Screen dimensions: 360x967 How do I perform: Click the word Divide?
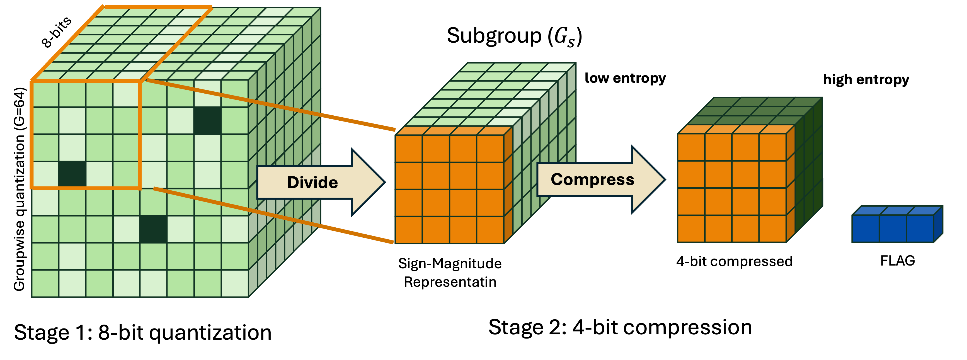point(312,183)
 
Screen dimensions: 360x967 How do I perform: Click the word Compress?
point(592,179)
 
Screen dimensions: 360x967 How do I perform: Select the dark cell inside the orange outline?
point(72,174)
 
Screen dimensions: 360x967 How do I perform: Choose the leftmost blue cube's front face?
point(866,228)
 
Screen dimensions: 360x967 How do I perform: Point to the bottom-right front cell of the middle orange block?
point(490,230)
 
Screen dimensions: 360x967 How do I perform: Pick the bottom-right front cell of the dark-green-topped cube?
point(772,228)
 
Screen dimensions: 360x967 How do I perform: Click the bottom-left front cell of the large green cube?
point(45,283)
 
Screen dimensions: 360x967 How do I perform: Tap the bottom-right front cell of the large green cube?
point(235,283)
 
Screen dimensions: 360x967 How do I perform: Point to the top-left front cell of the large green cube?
point(45,94)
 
